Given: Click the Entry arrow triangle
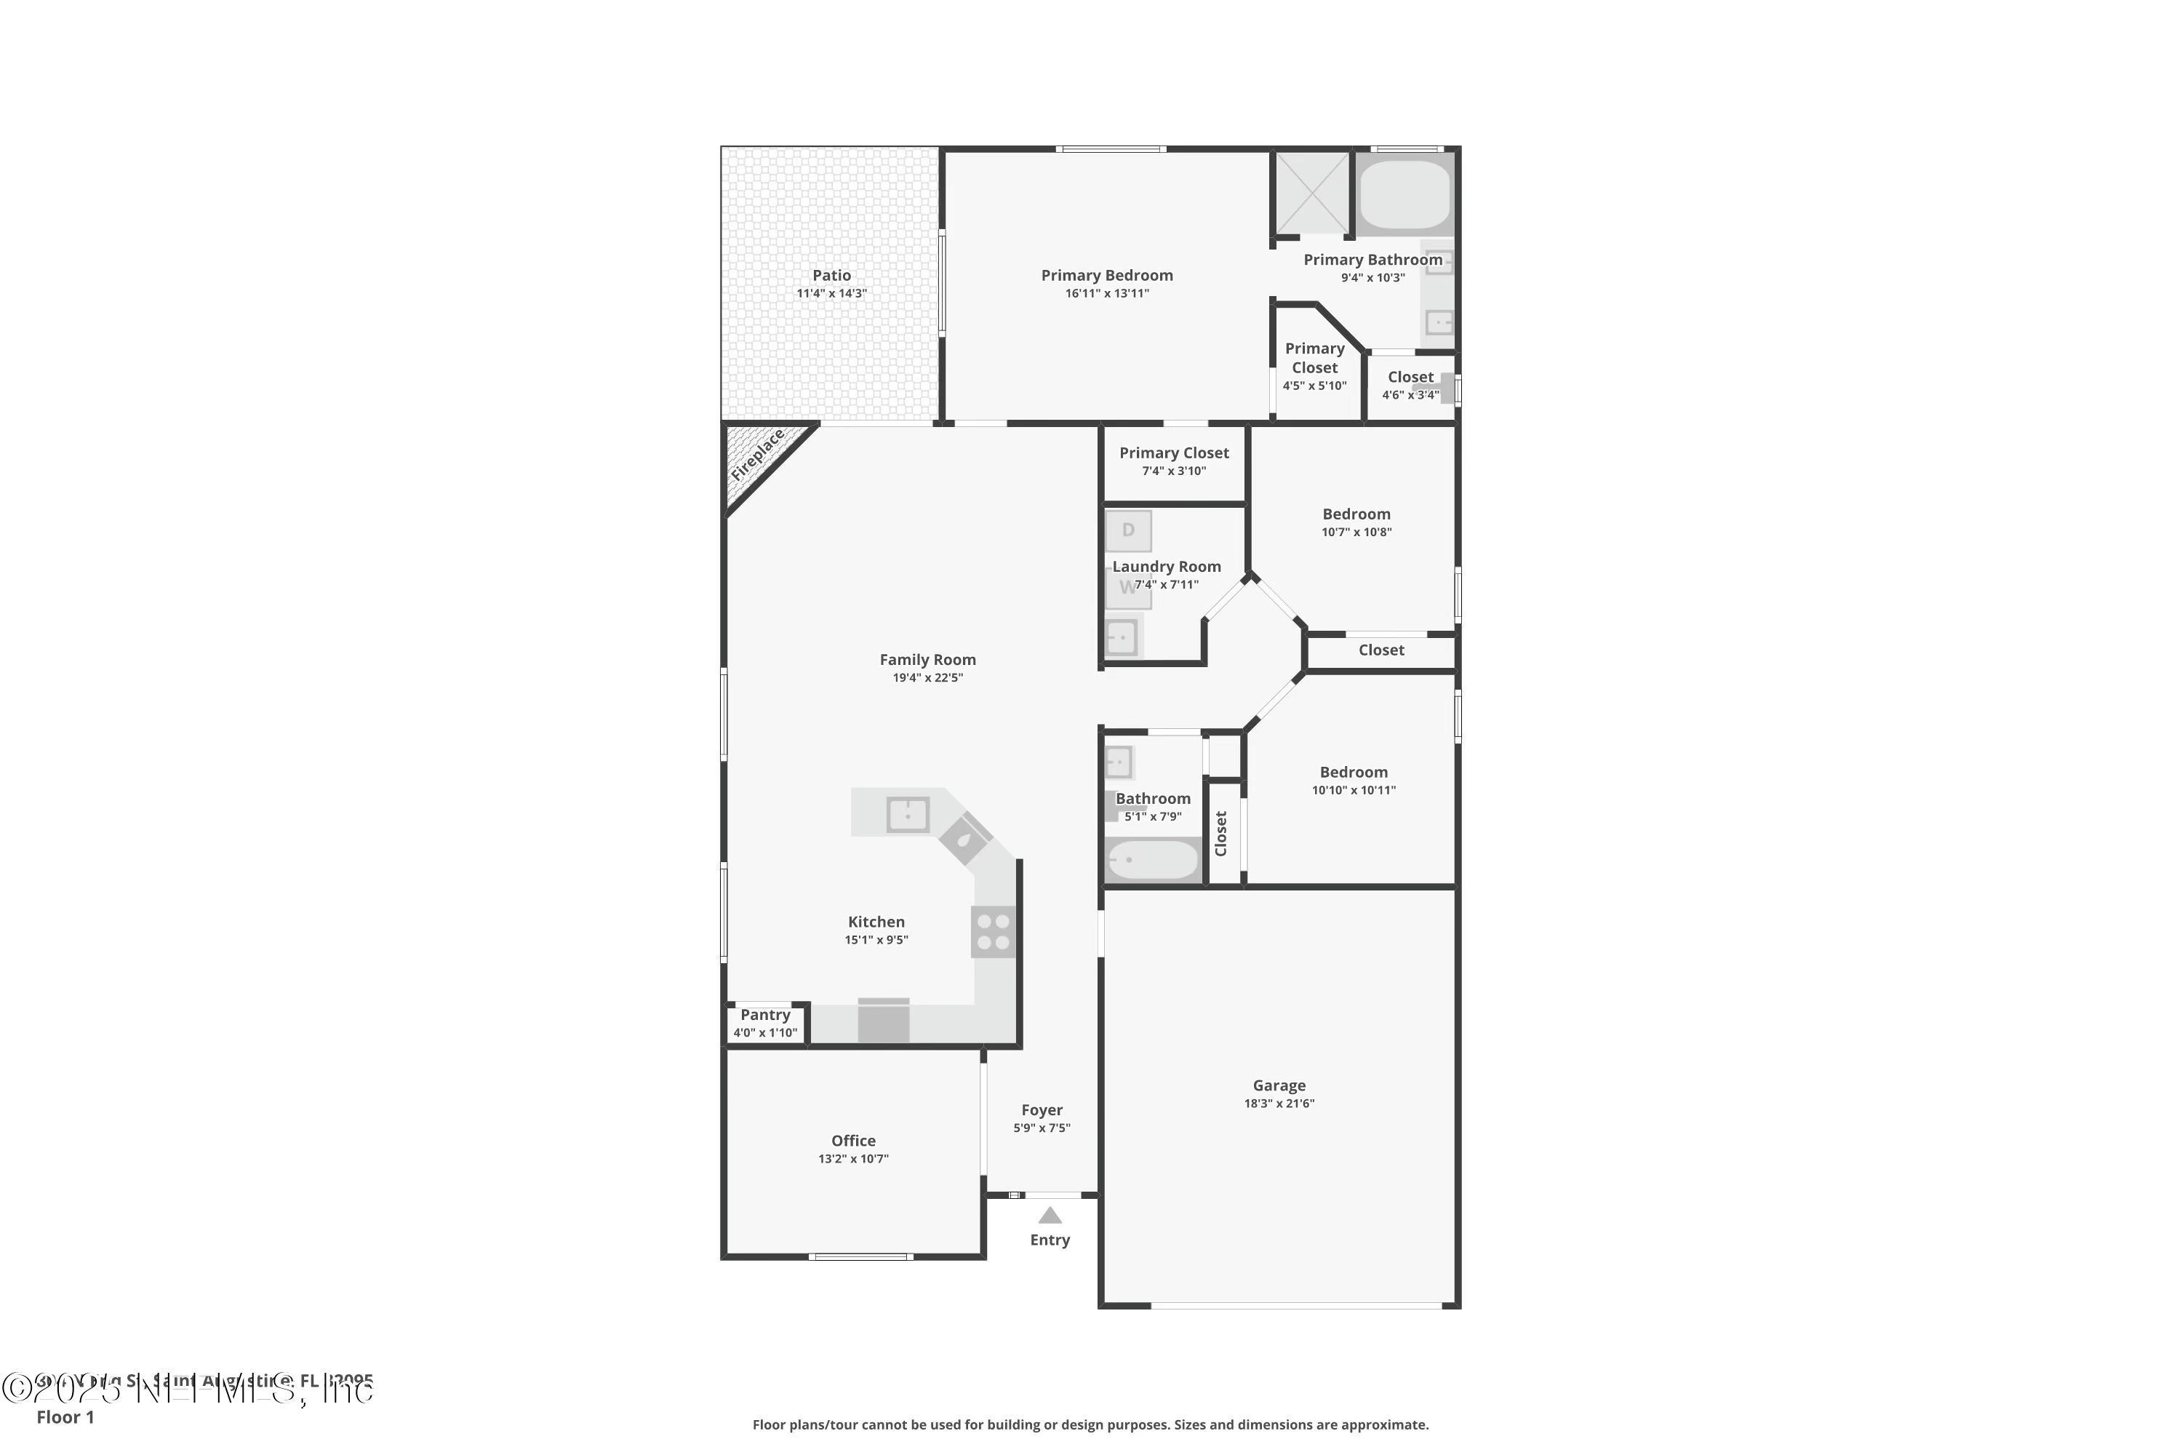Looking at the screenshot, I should tap(1050, 1215).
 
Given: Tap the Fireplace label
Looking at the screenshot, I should tap(757, 455).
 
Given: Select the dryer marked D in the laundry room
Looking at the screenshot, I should tap(1128, 531).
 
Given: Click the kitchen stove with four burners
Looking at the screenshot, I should tap(993, 932).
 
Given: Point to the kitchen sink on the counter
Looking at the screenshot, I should tap(907, 815).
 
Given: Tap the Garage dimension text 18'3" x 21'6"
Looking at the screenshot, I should tap(1279, 1104).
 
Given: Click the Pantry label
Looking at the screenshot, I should tap(765, 1015).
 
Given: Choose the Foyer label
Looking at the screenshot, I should tap(1042, 1110).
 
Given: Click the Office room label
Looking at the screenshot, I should tap(853, 1141).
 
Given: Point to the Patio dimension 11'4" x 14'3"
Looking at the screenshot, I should tap(831, 293).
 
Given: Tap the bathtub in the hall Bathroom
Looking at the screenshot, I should tap(1152, 860).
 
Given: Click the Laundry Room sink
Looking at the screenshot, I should tap(1122, 637).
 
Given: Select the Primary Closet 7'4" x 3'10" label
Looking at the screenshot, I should tap(1174, 453).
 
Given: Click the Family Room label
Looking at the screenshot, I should tap(928, 660).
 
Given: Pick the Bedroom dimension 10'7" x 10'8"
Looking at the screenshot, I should tap(1356, 532).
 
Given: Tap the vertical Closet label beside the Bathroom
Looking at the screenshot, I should tap(1221, 833).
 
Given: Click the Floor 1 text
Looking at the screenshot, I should tap(65, 1417).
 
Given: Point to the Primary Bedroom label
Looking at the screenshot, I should tap(1107, 276).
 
